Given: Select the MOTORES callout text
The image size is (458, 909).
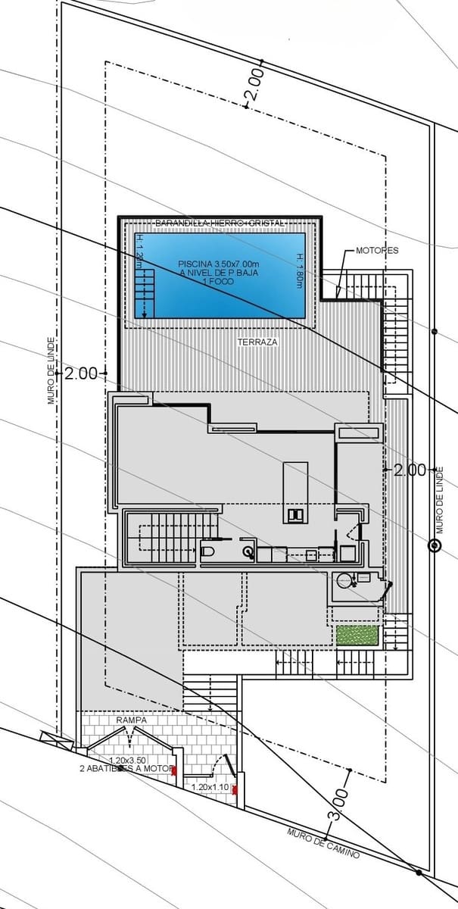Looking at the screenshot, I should click(x=377, y=250).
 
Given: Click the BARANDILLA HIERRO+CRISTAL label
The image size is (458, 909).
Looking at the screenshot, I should click(x=219, y=223).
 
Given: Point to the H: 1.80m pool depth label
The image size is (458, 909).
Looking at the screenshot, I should click(x=300, y=270).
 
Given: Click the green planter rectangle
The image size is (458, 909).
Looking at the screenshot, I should click(x=357, y=636).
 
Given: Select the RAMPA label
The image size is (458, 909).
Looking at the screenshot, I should click(x=131, y=720).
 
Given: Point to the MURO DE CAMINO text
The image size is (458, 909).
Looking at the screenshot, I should click(x=323, y=844).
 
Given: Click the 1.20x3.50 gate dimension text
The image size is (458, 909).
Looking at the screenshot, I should click(x=127, y=760).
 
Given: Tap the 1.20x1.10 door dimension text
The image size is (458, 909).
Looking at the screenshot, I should click(x=210, y=788).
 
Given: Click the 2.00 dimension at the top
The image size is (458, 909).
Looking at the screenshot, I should click(x=254, y=84).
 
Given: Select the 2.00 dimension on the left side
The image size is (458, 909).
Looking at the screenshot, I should click(x=81, y=373).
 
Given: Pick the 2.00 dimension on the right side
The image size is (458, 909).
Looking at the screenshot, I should click(x=410, y=470).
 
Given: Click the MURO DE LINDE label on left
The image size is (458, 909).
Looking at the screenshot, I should click(x=51, y=370).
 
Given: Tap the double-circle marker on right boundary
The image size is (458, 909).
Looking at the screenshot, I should click(x=434, y=545).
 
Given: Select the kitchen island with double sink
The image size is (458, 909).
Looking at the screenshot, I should click(x=295, y=492).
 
